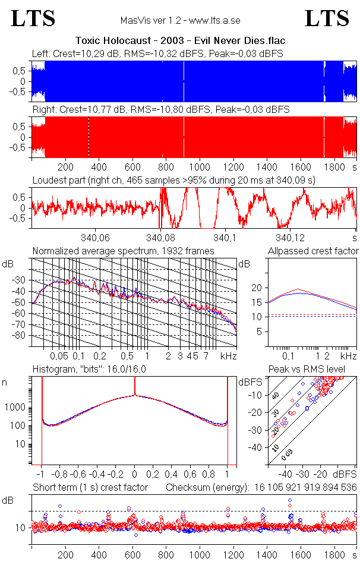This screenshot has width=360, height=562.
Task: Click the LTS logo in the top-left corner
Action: coord(33,18)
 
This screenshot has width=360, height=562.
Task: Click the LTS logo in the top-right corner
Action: coord(327,18)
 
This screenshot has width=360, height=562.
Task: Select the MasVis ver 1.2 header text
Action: coord(179,20)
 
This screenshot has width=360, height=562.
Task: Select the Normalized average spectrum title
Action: coord(124,251)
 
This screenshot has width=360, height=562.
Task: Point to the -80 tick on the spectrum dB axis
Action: coord(21,336)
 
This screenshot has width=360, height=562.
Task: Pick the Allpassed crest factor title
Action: coord(313,251)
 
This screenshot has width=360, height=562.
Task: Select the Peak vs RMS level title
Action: coord(315,370)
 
